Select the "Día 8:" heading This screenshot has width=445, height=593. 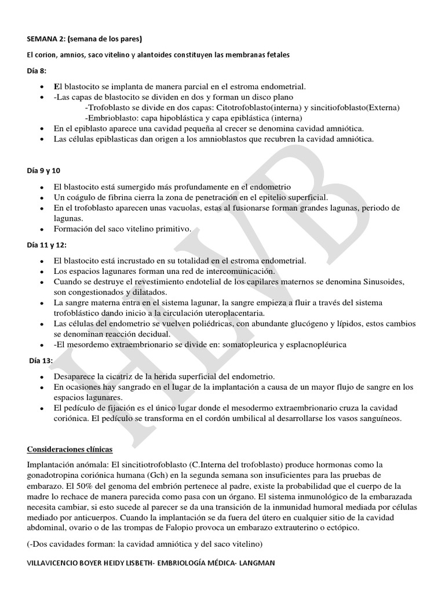[x=38, y=70]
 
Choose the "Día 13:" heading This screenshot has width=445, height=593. [x=41, y=361]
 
